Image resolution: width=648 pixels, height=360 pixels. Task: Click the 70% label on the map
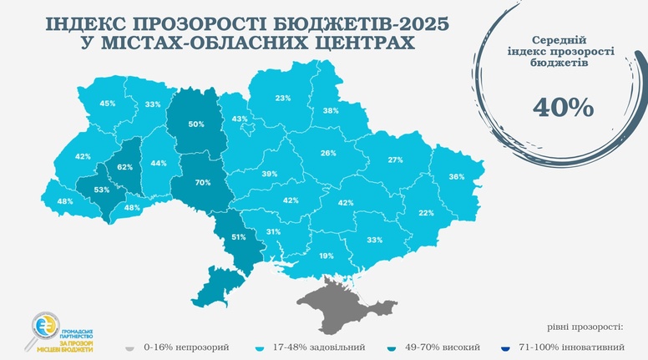[x=202, y=182]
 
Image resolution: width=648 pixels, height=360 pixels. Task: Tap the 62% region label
[x=125, y=167]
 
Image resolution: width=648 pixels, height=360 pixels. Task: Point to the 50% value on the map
[x=196, y=124]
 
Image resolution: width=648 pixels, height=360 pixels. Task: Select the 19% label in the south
[x=327, y=256]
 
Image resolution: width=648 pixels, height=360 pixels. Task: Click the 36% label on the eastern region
[x=457, y=177]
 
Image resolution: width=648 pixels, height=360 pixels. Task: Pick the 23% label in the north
[x=283, y=99]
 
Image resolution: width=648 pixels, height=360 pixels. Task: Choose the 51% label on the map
[x=239, y=237]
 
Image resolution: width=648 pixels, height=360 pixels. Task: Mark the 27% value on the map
[x=395, y=160]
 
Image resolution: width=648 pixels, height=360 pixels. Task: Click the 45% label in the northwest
[x=108, y=104]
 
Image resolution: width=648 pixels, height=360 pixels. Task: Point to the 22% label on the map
[x=426, y=213]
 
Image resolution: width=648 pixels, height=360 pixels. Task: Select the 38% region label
[x=332, y=111]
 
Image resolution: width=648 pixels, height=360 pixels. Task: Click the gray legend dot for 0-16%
[x=129, y=347]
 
